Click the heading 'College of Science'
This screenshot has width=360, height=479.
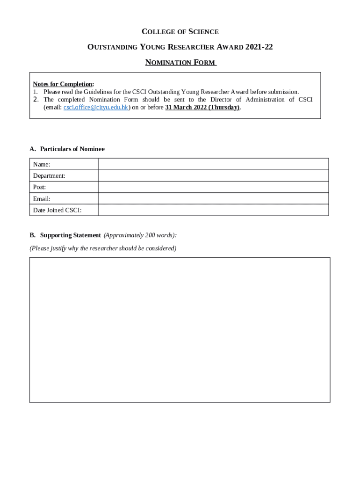tap(180, 32)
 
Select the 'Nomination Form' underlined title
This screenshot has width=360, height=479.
tap(180, 62)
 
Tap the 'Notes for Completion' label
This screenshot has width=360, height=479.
tap(63, 84)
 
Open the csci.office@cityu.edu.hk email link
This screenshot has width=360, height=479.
tap(96, 107)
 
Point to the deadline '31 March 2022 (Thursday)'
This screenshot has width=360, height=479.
tap(202, 107)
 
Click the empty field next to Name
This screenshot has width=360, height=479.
tap(213, 164)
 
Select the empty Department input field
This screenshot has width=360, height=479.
tap(213, 175)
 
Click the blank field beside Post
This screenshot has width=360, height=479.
tap(213, 187)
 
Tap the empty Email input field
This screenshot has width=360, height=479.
tap(213, 198)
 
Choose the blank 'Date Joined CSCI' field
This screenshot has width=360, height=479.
tap(213, 210)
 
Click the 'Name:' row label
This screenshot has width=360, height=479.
tap(42, 164)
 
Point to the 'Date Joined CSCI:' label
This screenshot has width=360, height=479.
tap(57, 210)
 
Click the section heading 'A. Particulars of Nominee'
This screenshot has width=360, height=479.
tap(67, 149)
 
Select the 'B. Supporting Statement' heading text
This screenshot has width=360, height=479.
tap(65, 235)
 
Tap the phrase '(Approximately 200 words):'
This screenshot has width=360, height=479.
tap(140, 235)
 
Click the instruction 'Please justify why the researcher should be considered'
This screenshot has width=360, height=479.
tap(103, 248)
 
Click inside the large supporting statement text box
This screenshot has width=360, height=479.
tap(180, 329)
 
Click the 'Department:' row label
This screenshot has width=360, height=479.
tap(49, 175)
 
